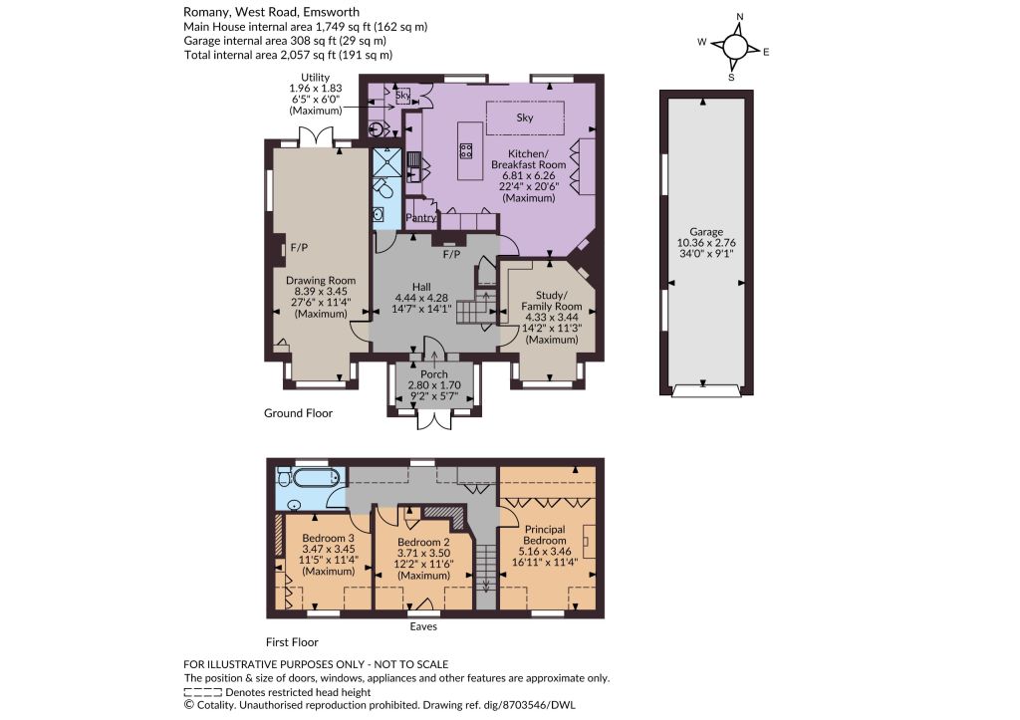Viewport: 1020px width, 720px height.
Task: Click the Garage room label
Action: pos(706,232)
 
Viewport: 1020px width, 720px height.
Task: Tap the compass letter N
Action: pos(740,17)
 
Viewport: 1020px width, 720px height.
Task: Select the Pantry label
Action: pos(421,218)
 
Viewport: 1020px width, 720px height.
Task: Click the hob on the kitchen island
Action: pos(466,151)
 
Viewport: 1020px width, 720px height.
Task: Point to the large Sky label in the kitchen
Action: pos(525,118)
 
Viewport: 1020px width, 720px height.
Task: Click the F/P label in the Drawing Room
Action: pos(299,248)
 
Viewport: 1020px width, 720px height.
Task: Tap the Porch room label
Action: pos(434,374)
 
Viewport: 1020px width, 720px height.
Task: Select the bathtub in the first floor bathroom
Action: pos(314,479)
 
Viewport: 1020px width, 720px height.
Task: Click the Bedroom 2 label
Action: pos(423,543)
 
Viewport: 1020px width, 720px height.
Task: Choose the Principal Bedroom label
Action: pos(545,535)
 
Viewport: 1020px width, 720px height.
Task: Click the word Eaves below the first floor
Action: pos(423,626)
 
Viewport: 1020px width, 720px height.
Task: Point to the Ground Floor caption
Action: pos(298,413)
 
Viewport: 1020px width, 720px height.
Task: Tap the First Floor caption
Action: pos(292,642)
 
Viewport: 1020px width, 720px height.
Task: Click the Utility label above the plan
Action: pos(316,78)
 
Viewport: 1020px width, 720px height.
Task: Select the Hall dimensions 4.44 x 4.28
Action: pos(421,298)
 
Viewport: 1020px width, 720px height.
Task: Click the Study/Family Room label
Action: pos(552,301)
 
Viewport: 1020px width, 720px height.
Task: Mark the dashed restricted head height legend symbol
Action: pos(203,692)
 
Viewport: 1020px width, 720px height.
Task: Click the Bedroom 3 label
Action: pos(329,539)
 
